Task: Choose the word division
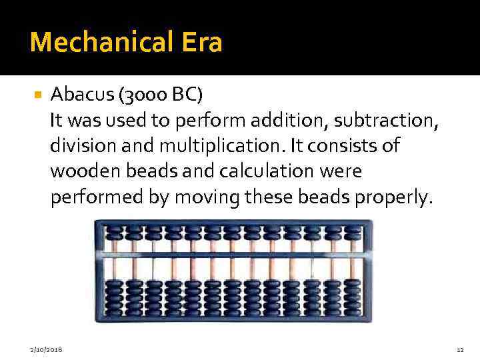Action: (82, 146)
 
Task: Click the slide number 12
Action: (460, 349)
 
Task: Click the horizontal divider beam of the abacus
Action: (229, 255)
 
